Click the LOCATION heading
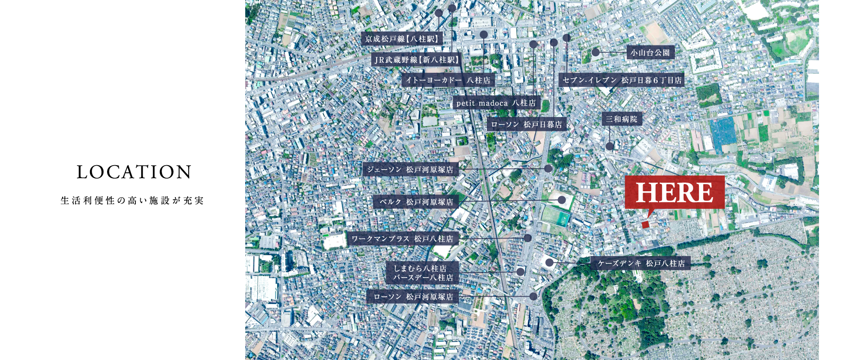pos(134,172)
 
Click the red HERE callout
pos(675,193)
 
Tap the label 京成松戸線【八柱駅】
pos(402,39)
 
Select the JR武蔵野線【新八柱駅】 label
pos(417,60)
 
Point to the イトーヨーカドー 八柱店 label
pos(448,81)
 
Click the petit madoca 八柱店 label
pos(496,103)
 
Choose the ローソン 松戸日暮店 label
pos(526,125)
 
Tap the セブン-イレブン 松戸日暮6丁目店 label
pos(621,81)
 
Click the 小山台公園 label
pos(650,53)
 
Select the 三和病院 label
pos(621,119)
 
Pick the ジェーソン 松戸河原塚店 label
pos(410,170)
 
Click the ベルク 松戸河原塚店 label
pos(416,202)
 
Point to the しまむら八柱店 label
pos(420,269)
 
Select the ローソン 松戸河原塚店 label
pos(413,297)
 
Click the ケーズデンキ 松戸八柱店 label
pos(641,263)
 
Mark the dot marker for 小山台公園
pos(595,52)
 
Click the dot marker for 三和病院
pos(609,146)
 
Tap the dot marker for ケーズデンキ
pos(549,262)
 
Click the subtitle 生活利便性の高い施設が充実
pos(132,201)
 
